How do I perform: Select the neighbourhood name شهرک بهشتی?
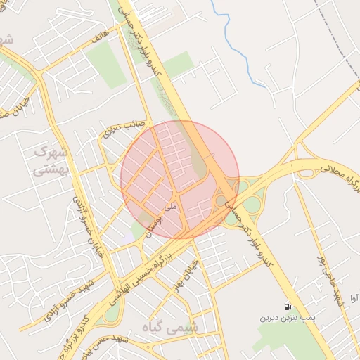tap(51, 160)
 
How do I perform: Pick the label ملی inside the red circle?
tap(168, 207)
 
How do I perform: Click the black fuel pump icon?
tap(288, 307)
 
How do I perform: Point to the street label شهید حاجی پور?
tap(330, 278)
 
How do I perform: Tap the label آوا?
tap(352, 299)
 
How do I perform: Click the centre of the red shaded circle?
tap(180, 179)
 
